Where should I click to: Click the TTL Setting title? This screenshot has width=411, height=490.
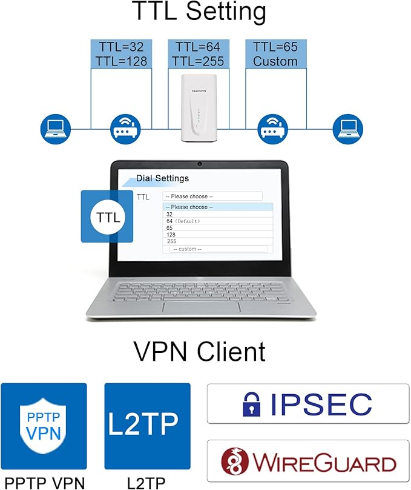tap(199, 13)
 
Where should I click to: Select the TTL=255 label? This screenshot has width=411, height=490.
tap(197, 61)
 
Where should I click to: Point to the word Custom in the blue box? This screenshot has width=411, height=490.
tap(275, 61)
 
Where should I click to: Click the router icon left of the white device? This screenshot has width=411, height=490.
tap(126, 127)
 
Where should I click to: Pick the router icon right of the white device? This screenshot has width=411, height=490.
tap(273, 127)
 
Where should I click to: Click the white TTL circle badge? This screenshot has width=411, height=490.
tap(107, 216)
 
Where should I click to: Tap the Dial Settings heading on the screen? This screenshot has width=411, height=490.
tap(162, 178)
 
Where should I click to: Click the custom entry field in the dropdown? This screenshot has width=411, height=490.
tap(218, 249)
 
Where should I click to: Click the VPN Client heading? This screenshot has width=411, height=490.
tap(199, 352)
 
